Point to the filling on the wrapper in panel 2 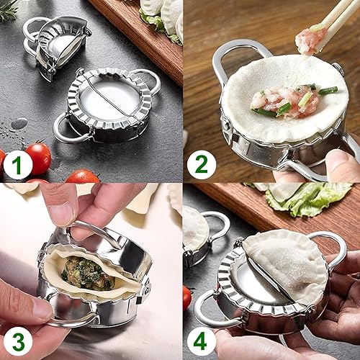pos(284,101)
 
